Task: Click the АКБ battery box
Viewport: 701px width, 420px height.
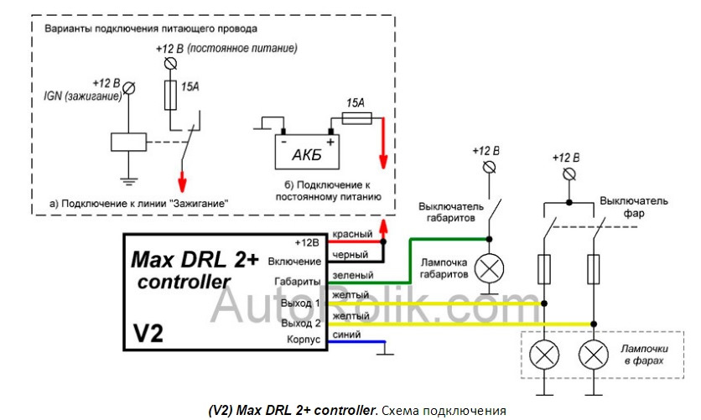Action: point(307,152)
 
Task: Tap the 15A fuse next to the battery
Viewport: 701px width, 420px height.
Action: point(356,118)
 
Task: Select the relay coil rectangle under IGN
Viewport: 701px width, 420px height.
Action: point(129,142)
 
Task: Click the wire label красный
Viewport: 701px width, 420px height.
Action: point(352,234)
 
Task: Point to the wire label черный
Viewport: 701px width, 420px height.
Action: point(350,255)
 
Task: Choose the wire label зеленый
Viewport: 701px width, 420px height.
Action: point(353,275)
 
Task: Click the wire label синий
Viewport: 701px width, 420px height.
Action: point(346,334)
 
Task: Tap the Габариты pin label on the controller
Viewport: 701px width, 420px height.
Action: point(298,282)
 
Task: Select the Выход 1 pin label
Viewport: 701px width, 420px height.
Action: point(300,303)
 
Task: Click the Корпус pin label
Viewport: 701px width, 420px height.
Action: point(304,340)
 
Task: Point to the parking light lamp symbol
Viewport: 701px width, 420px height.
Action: point(489,268)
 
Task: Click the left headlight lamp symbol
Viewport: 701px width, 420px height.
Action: point(544,355)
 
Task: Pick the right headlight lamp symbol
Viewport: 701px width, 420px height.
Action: point(594,355)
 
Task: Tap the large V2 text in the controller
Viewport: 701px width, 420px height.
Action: point(148,333)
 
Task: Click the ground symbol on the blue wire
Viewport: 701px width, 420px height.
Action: point(386,349)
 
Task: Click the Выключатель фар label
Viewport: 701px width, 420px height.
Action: point(634,207)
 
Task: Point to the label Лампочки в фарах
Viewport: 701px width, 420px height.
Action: point(644,355)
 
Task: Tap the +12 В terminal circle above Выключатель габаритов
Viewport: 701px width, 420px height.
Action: point(490,168)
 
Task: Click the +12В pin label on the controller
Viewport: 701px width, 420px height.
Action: point(307,242)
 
